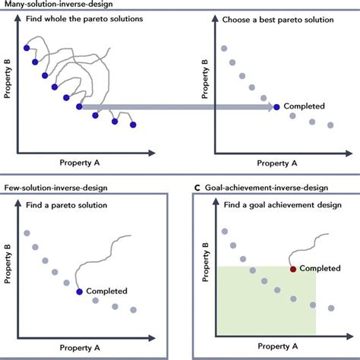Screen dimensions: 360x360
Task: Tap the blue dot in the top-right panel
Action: pyautogui.click(x=276, y=107)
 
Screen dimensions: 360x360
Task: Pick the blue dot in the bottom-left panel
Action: pyautogui.click(x=79, y=291)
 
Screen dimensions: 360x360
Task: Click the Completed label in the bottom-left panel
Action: pyautogui.click(x=106, y=291)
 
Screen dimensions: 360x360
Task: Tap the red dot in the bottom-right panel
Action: pyautogui.click(x=292, y=268)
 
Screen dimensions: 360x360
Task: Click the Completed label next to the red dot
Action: pyautogui.click(x=320, y=268)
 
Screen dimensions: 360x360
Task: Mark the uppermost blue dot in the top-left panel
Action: pyautogui.click(x=27, y=48)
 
